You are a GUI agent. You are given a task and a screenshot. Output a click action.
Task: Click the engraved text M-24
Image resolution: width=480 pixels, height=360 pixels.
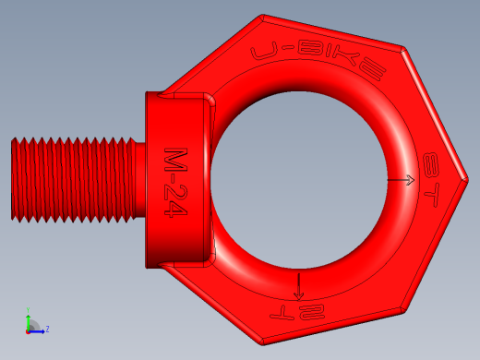[x=175, y=183]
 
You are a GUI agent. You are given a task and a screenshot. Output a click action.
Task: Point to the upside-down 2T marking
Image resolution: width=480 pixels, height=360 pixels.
[x=297, y=313]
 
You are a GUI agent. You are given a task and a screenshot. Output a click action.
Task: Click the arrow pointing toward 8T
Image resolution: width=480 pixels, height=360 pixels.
[x=401, y=180]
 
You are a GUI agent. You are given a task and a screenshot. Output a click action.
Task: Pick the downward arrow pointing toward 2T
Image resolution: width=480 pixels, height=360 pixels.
[x=298, y=287]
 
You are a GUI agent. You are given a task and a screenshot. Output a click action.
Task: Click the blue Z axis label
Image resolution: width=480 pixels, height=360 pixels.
[x=47, y=330]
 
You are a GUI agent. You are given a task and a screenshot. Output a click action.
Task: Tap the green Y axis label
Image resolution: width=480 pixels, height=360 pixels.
[x=28, y=310]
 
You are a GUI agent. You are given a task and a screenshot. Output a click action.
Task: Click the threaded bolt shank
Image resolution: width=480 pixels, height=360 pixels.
[x=73, y=180]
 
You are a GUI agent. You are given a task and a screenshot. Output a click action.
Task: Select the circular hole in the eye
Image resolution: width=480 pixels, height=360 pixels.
[x=298, y=180]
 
